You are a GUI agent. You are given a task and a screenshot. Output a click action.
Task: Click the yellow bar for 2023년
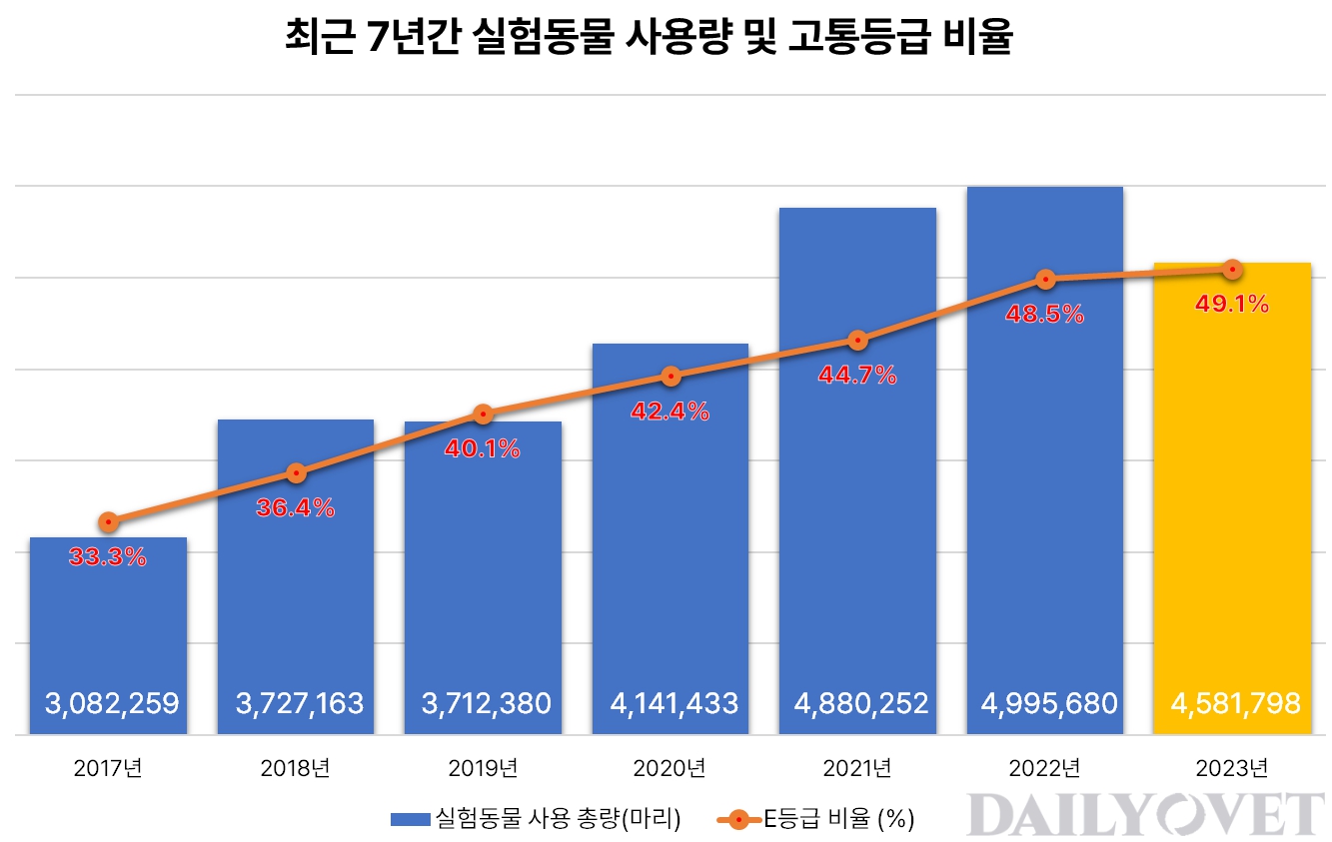tap(1232, 499)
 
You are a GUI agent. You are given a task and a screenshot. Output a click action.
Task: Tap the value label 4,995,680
tap(1045, 704)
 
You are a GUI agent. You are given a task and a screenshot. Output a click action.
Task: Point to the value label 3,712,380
tap(483, 704)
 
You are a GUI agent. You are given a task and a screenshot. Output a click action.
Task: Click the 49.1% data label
tap(1232, 305)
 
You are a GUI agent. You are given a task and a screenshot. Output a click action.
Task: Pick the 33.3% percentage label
tap(108, 558)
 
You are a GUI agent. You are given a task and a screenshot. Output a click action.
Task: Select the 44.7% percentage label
tap(857, 377)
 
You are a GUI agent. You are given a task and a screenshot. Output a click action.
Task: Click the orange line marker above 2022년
tap(1045, 279)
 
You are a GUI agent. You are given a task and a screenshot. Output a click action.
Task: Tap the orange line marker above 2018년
tap(296, 472)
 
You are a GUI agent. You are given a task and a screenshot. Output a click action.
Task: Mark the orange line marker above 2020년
tap(670, 376)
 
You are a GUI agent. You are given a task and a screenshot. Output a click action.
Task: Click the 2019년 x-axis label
tap(483, 769)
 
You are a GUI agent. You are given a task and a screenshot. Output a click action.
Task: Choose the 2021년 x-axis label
tap(857, 769)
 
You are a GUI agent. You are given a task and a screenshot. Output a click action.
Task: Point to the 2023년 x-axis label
tap(1232, 769)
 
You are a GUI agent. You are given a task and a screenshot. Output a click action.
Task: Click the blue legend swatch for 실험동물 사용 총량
tap(410, 820)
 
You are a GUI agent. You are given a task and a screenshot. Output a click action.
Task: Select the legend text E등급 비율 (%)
tap(839, 820)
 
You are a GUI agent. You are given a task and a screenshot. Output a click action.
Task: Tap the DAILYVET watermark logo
tap(1145, 814)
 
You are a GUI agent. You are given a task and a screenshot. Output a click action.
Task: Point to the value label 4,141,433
tap(670, 704)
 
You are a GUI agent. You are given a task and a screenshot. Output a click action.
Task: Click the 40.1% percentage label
tap(483, 450)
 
